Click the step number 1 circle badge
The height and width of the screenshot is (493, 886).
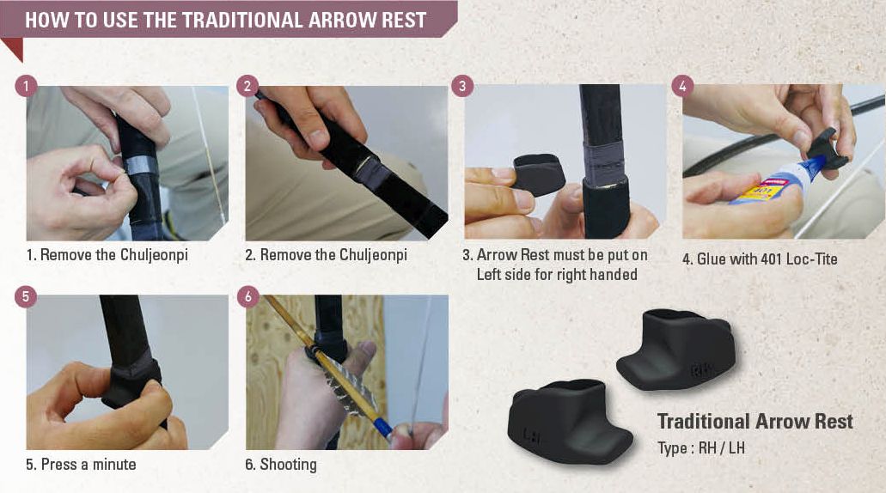point(27,86)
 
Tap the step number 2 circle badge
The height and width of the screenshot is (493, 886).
point(247,86)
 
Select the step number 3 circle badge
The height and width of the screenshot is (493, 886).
point(463,86)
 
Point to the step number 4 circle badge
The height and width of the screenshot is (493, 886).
point(682,86)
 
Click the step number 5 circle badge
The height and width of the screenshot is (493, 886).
point(27,295)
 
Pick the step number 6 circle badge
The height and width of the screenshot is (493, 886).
point(247,296)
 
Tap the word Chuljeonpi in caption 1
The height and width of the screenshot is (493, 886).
point(155,256)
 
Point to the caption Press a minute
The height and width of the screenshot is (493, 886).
point(81,465)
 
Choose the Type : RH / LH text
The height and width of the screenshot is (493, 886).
point(701,448)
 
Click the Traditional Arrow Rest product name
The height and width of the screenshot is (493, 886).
point(755,422)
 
